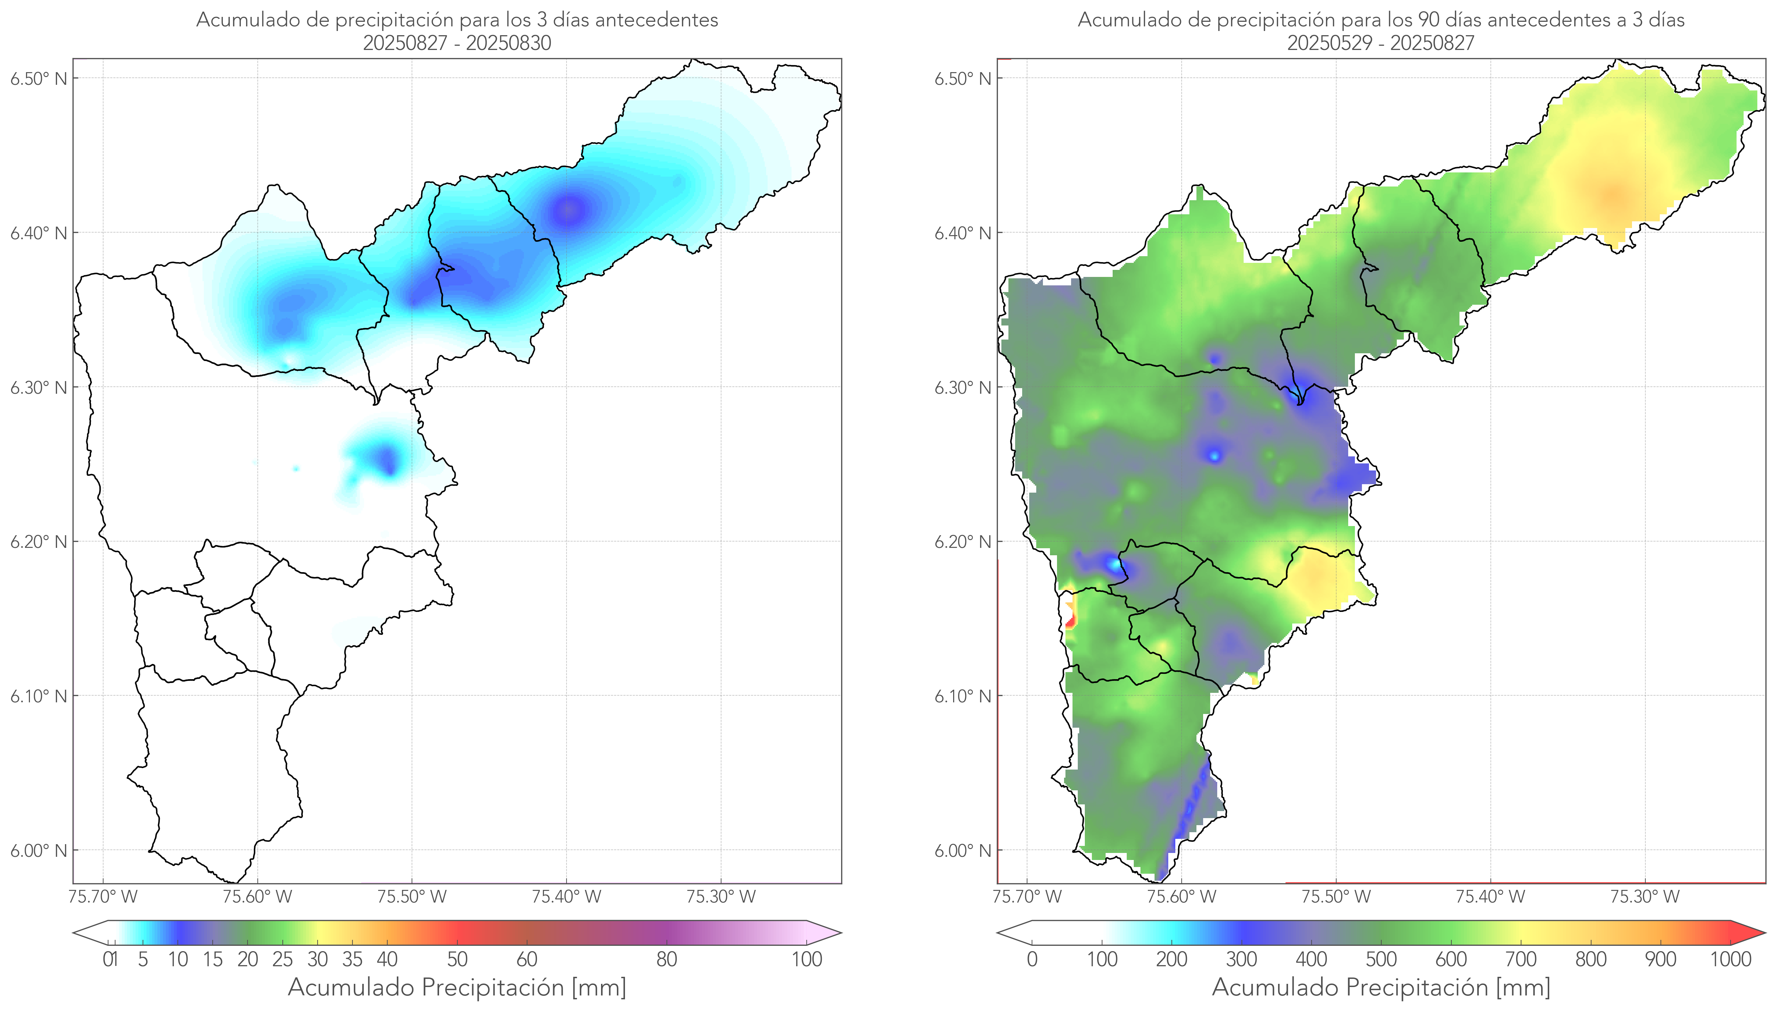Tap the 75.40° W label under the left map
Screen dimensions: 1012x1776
pyautogui.click(x=566, y=897)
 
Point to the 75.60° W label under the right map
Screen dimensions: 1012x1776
pyautogui.click(x=1181, y=897)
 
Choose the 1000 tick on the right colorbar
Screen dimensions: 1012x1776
pyautogui.click(x=1730, y=959)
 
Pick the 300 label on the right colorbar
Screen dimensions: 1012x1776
pyautogui.click(x=1241, y=959)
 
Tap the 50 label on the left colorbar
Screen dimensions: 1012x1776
pyautogui.click(x=457, y=959)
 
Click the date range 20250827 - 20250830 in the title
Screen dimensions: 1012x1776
pyautogui.click(x=457, y=43)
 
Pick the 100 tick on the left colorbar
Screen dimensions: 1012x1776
pyautogui.click(x=807, y=959)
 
